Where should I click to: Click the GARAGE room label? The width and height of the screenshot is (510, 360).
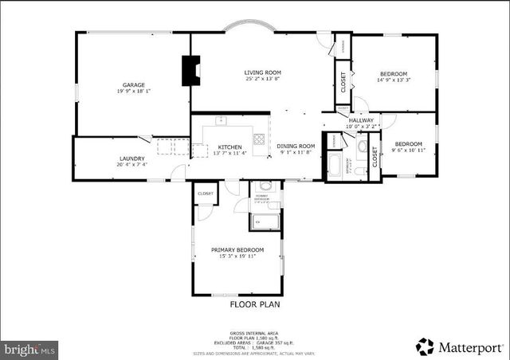click(x=132, y=84)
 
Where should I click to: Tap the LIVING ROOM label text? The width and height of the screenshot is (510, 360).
click(x=262, y=72)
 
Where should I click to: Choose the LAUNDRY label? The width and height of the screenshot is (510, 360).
click(x=132, y=158)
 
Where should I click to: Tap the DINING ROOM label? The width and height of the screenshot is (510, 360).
click(x=296, y=146)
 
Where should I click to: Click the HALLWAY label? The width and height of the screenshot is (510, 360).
click(x=360, y=120)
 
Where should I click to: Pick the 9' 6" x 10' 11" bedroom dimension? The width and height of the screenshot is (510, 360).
click(x=409, y=150)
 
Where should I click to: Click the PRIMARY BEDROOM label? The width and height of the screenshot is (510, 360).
click(x=237, y=249)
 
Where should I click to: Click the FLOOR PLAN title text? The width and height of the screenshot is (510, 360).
click(x=255, y=303)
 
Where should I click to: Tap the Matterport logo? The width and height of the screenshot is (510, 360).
click(x=460, y=346)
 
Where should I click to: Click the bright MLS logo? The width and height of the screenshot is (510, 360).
click(x=29, y=348)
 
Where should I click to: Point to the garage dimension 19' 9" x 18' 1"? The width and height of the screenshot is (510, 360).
click(x=132, y=91)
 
